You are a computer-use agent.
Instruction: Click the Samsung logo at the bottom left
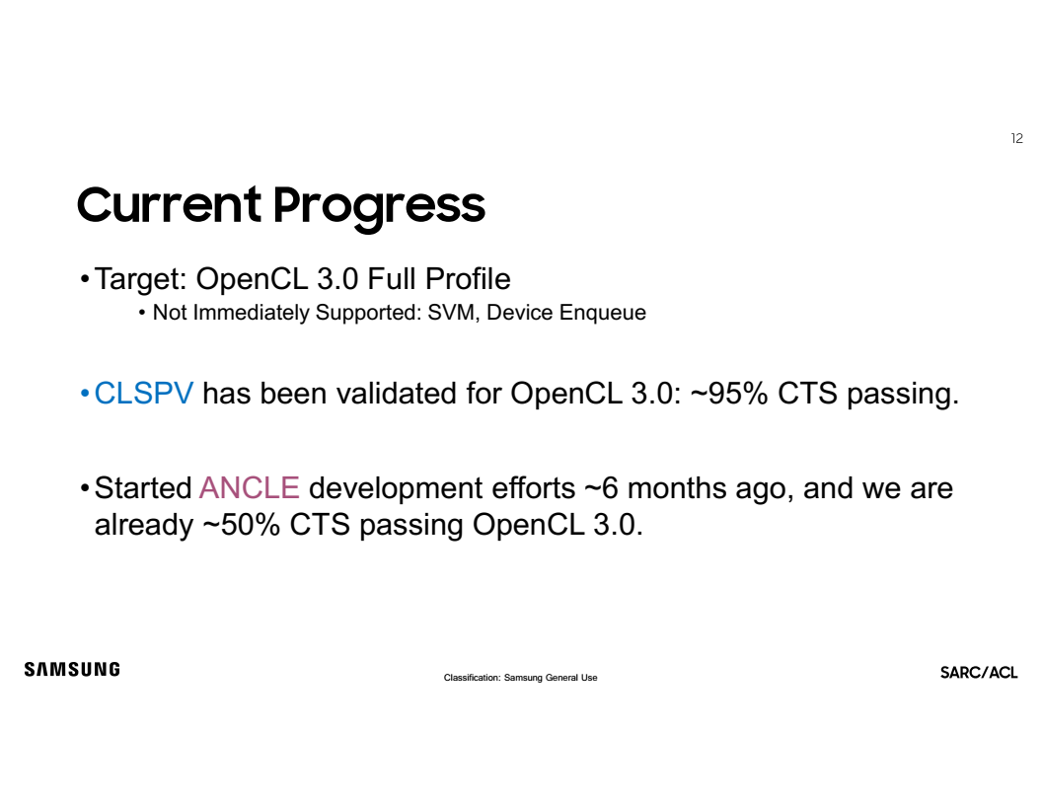(72, 669)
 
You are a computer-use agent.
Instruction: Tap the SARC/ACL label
(979, 673)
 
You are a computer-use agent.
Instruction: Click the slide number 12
(1016, 138)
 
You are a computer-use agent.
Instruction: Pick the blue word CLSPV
(143, 394)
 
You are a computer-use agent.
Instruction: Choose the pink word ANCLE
(250, 488)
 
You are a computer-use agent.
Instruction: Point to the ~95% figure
(729, 394)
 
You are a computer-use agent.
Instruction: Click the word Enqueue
(603, 313)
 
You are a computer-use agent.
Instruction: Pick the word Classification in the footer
(473, 678)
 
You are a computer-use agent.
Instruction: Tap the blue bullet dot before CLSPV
(85, 394)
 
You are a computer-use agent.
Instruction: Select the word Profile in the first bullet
(468, 279)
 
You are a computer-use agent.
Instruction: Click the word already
(143, 526)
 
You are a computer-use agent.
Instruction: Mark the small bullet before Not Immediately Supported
(142, 313)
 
